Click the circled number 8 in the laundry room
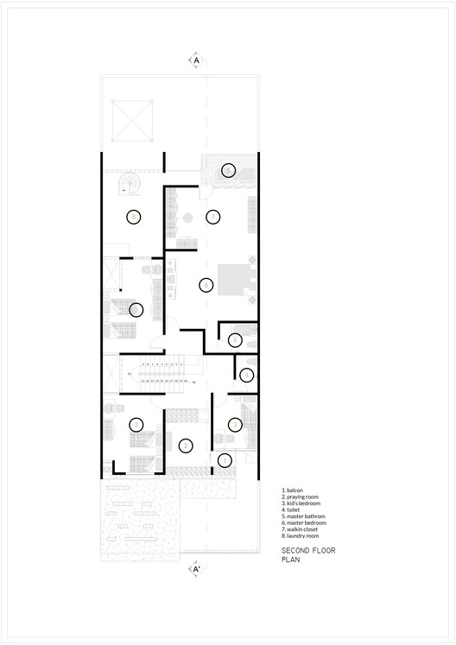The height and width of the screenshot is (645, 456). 133,217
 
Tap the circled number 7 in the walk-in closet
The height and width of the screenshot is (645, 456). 212,217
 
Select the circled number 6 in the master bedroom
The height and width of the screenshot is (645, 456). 206,284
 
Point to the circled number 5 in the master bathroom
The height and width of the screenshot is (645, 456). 236,341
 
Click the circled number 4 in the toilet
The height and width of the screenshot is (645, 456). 246,375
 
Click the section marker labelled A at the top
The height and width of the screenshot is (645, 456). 197,61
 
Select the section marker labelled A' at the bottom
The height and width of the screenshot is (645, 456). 197,570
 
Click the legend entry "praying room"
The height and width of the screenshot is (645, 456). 301,496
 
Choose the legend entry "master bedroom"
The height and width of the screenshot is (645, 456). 302,523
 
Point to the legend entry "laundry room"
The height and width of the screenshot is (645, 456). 301,536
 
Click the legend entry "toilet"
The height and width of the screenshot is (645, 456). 293,509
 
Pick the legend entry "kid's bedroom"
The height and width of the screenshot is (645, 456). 302,503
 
